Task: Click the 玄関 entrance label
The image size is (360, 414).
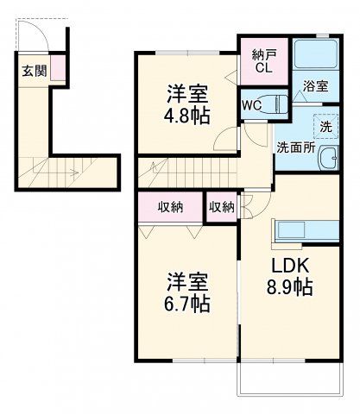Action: (34, 72)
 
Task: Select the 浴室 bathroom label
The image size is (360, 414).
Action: (315, 86)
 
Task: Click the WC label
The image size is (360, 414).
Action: (251, 105)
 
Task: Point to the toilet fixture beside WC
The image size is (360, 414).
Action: (275, 103)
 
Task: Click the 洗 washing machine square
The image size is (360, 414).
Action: (325, 127)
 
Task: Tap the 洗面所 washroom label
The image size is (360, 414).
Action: (294, 147)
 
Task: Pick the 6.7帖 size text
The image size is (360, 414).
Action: (188, 303)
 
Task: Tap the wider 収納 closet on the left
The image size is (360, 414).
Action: (170, 207)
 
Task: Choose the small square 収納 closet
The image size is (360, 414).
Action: (221, 207)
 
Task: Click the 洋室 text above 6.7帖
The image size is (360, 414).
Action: (188, 281)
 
